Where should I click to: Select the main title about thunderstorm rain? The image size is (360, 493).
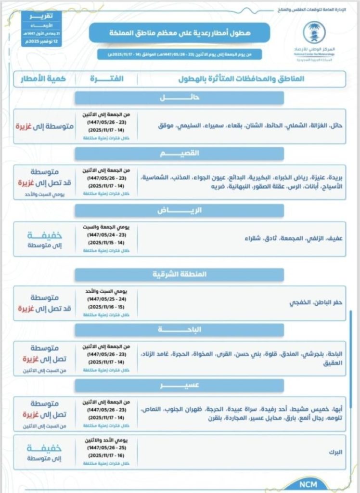(x=179, y=33)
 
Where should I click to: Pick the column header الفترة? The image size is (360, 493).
(x=106, y=78)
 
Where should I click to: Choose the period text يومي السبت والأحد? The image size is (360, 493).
(x=106, y=292)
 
